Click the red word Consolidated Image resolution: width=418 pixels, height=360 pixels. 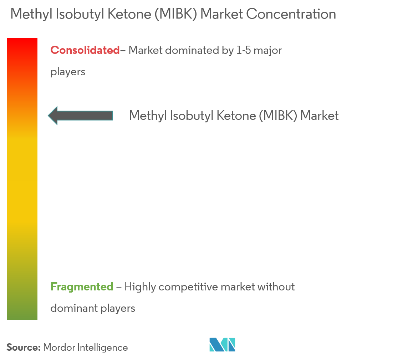[85, 50]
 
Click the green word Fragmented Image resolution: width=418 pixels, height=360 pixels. [82, 287]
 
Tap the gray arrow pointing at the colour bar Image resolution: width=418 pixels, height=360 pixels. [80, 115]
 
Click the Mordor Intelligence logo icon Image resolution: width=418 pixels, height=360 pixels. [222, 344]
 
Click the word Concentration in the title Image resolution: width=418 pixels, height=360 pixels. [292, 14]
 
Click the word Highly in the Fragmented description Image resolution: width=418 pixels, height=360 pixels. [140, 287]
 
